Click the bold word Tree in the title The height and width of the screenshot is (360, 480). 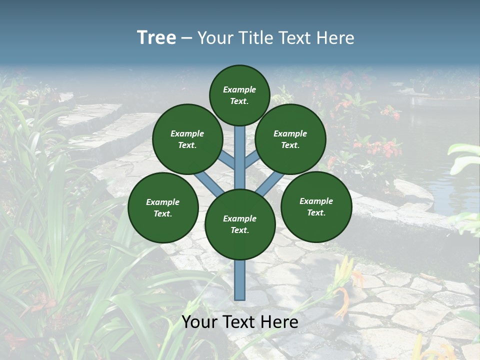156,37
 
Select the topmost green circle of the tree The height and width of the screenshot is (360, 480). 239,95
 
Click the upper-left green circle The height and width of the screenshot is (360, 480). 187,139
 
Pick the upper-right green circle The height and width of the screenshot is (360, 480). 290,139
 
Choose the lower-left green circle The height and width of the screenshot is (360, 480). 163,207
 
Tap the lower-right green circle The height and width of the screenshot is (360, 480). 316,206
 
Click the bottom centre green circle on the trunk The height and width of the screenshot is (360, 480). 240,224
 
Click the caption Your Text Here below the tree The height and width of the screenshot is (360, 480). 240,322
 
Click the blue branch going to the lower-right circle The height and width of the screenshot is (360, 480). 267,186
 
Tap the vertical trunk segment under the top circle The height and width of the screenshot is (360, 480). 240,150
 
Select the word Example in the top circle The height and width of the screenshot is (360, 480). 239,89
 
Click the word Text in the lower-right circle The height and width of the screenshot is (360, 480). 315,212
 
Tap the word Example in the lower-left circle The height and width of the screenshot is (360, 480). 162,202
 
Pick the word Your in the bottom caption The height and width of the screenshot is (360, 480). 199,322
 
